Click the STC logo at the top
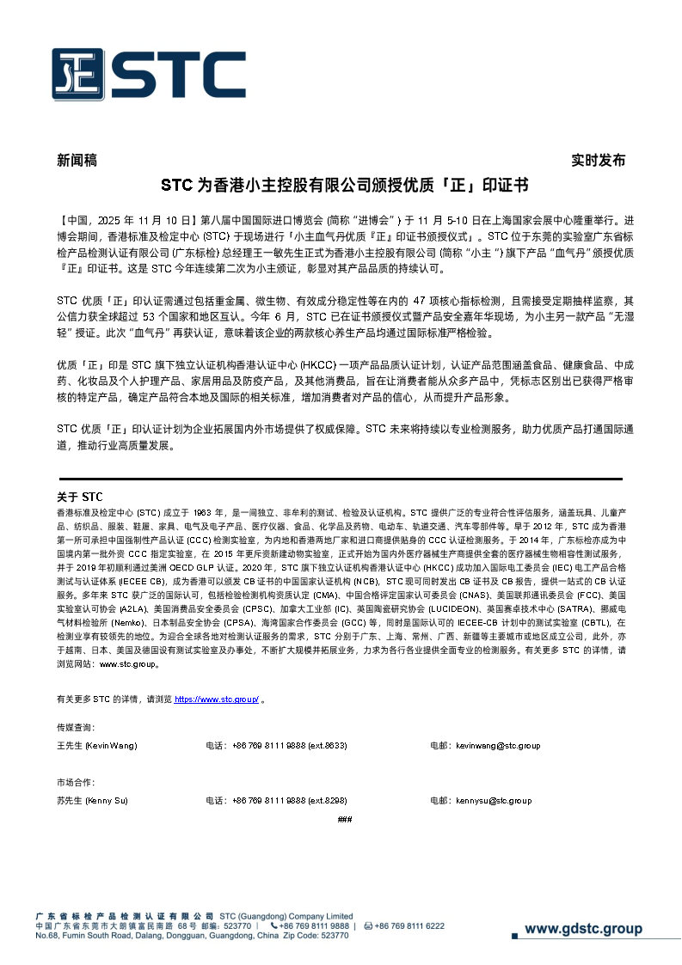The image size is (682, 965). click(148, 76)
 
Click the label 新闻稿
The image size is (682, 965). click(77, 161)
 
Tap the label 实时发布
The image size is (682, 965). click(599, 161)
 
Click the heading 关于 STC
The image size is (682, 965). click(79, 497)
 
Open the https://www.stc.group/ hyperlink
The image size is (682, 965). click(217, 700)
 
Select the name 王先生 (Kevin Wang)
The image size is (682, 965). click(96, 745)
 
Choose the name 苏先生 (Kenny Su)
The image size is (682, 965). click(92, 801)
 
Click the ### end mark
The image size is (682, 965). click(345, 820)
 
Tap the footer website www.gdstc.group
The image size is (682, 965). click(583, 929)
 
